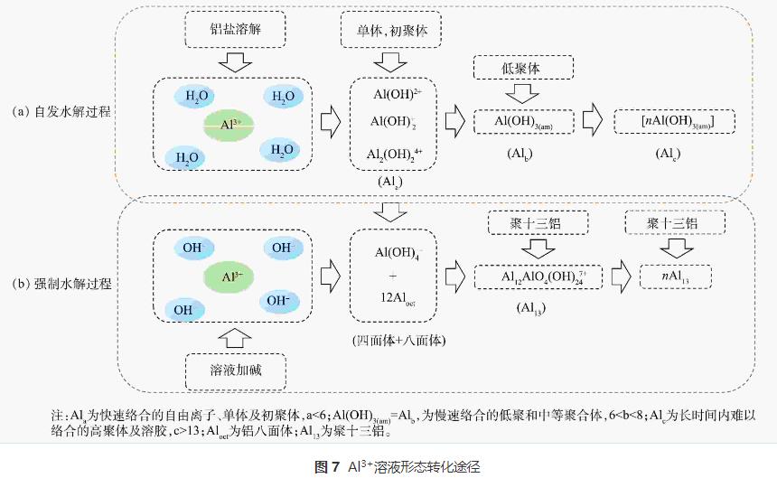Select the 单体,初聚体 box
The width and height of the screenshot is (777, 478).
coord(391,31)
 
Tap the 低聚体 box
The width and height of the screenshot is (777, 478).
coord(523,68)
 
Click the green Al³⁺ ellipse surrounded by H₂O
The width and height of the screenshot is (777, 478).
coord(230,122)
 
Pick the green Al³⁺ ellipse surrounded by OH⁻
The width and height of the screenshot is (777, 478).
coord(231,275)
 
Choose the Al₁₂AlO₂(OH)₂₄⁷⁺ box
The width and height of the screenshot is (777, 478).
coord(538,276)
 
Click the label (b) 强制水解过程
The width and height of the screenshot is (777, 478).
coord(62,283)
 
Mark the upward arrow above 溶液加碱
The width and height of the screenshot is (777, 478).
coord(234,339)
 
